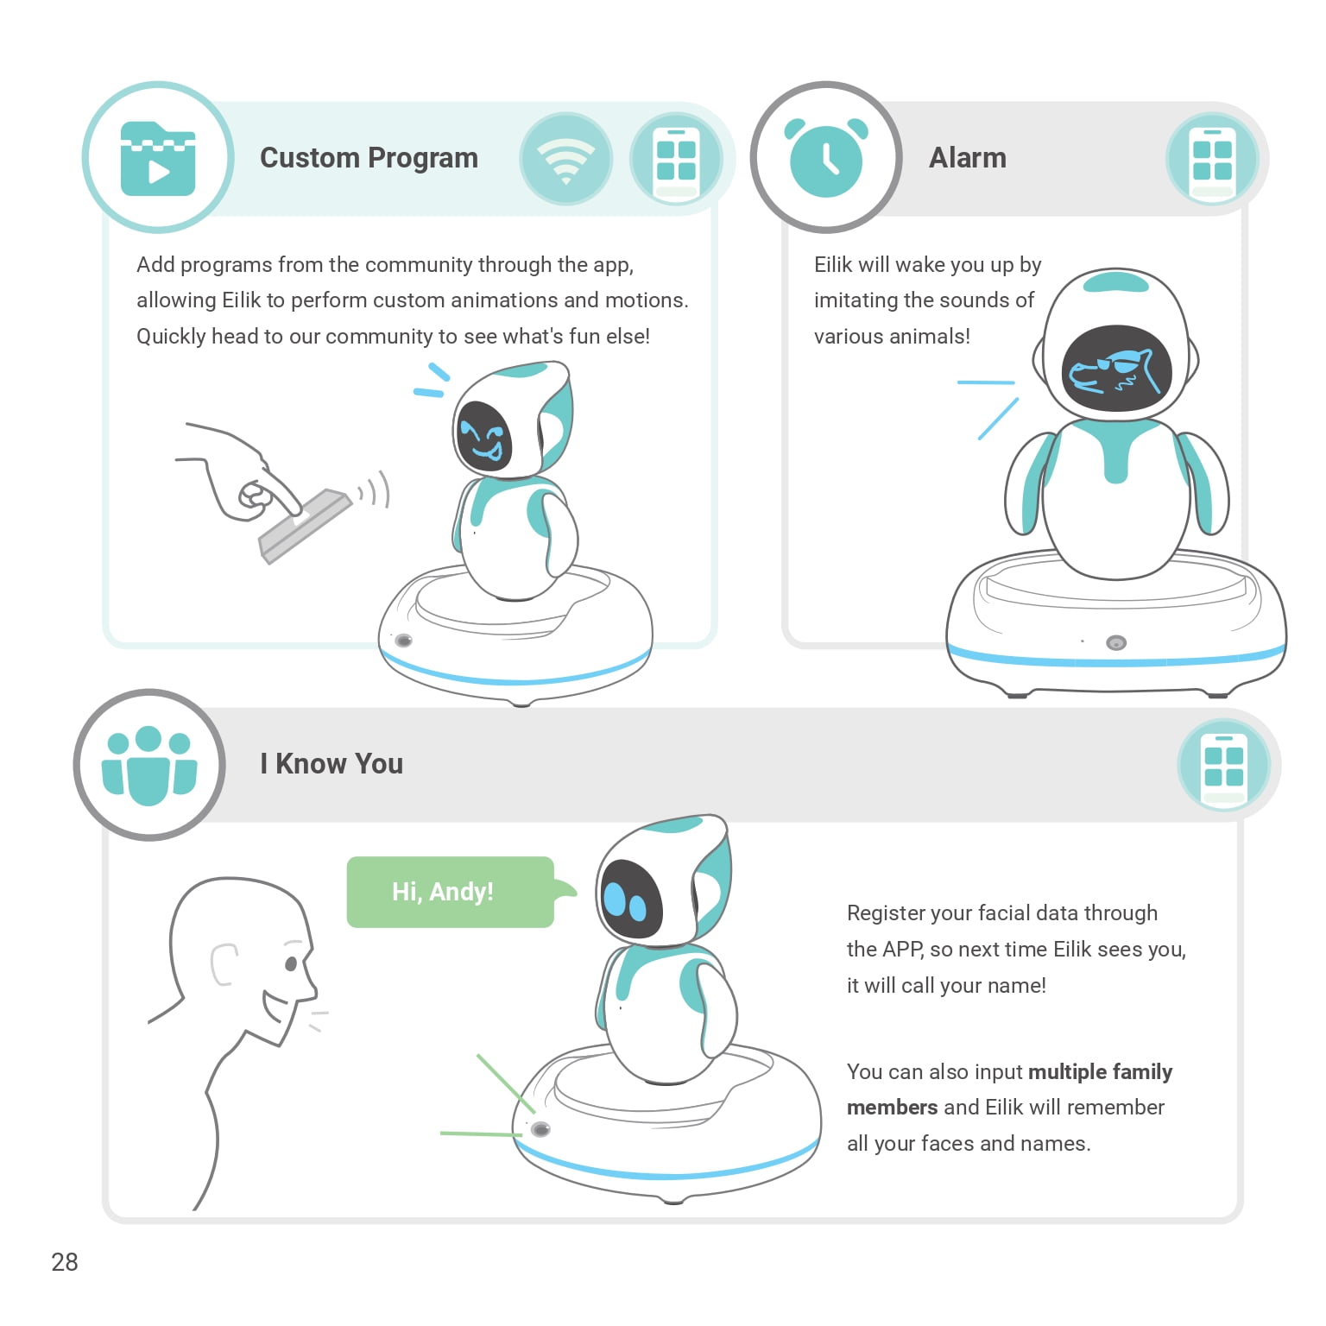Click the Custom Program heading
[x=369, y=158]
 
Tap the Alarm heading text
[x=967, y=158]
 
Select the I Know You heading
[x=331, y=764]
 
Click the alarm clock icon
[x=826, y=157]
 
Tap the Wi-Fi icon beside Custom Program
[x=566, y=160]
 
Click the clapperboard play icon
[x=158, y=159]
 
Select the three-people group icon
[x=149, y=766]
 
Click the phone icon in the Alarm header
[x=1212, y=160]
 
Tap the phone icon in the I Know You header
[x=1223, y=766]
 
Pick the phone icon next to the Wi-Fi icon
[x=677, y=160]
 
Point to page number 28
[x=65, y=1262]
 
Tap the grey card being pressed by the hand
[x=305, y=525]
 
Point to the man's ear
[x=224, y=964]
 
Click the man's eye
[x=291, y=963]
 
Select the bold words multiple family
[x=1100, y=1072]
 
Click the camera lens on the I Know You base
[x=540, y=1129]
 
